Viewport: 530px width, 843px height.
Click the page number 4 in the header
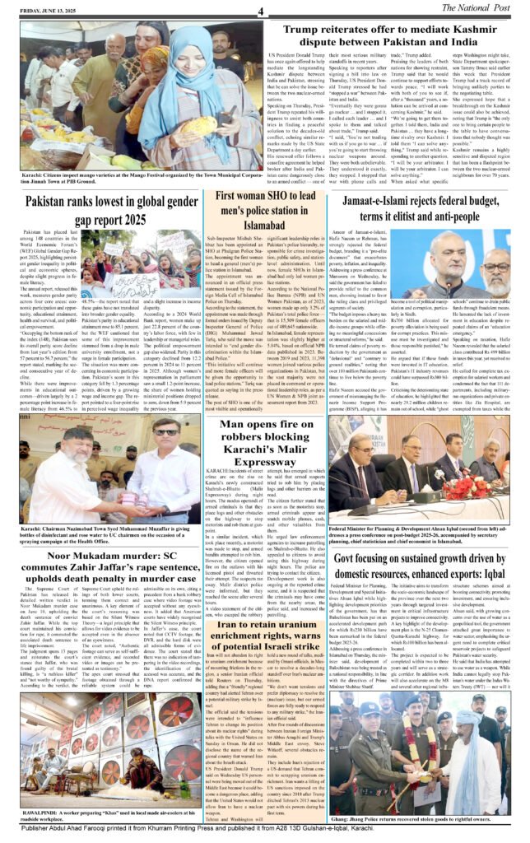coord(259,11)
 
